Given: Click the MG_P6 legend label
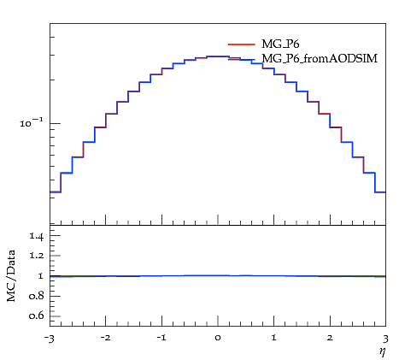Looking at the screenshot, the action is [280, 44].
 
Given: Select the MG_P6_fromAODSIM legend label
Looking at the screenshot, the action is [320, 58].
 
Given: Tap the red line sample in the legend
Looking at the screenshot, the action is [241, 44].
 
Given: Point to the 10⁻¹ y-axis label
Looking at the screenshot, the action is [32, 122].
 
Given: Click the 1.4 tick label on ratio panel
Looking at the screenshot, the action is [37, 236].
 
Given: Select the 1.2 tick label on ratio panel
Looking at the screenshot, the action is [37, 256].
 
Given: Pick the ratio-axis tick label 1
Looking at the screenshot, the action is [41, 276].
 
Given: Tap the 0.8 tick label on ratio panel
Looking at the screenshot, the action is [37, 296].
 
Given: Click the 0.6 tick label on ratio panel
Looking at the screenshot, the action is [37, 316].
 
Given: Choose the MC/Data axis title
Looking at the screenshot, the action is [11, 275].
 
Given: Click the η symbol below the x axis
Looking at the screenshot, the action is [382, 351].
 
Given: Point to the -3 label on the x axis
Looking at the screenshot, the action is [49, 339].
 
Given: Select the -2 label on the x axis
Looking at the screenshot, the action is [105, 339].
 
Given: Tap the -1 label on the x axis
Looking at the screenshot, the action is [161, 339].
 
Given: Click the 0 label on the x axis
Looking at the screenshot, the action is [218, 339].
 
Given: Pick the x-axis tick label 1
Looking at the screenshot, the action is [274, 338].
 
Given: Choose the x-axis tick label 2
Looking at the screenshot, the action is [330, 338].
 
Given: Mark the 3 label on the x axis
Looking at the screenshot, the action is [385, 339].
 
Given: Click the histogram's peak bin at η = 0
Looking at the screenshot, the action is [218, 56].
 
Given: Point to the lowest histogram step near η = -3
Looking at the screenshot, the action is [56, 192].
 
